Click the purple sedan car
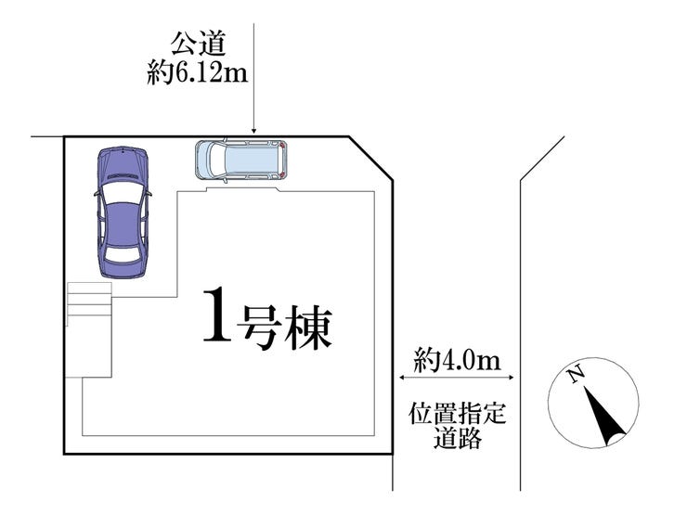click(x=122, y=212)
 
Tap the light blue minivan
click(x=242, y=160)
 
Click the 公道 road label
click(x=198, y=44)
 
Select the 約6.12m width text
click(x=198, y=71)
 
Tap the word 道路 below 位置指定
click(x=457, y=439)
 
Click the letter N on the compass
click(x=576, y=376)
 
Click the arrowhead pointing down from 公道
click(x=253, y=131)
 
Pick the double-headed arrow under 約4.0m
click(x=456, y=377)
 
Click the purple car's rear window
click(x=121, y=251)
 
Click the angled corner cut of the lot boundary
click(x=369, y=158)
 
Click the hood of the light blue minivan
click(x=206, y=160)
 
